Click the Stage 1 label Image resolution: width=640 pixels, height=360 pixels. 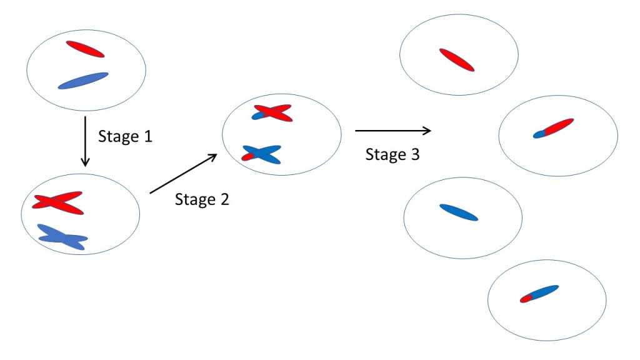point(125,136)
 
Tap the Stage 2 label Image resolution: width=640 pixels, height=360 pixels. point(202,199)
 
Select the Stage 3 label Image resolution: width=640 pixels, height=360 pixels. point(392,154)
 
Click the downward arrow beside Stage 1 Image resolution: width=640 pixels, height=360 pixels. point(86,141)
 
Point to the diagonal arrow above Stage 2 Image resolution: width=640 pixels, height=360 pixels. point(184,174)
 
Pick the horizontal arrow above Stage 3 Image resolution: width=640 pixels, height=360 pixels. point(392,131)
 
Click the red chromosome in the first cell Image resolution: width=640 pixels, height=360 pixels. point(85,49)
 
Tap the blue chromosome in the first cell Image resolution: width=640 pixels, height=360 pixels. point(83,81)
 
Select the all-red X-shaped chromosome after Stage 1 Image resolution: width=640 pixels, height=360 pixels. point(57,202)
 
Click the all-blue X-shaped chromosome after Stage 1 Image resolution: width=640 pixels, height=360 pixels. point(62,237)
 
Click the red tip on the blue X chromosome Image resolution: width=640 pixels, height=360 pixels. point(247,157)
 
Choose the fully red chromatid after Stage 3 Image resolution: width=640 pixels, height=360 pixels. point(457,59)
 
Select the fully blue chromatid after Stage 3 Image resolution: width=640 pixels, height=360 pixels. point(459,212)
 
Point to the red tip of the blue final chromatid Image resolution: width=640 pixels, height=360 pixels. point(526,299)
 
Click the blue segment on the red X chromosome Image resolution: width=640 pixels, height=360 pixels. point(261,116)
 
